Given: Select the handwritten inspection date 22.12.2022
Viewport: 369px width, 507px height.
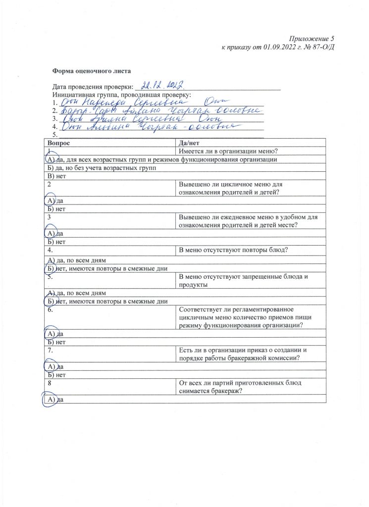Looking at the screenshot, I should coord(162,85).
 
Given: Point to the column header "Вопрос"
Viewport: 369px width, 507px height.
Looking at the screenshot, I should coord(59,143).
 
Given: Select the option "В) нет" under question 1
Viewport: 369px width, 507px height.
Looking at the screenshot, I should coord(54,176).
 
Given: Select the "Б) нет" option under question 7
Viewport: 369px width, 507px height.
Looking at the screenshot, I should coord(54,375).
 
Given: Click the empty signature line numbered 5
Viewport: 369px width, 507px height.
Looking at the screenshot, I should coord(158,134).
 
